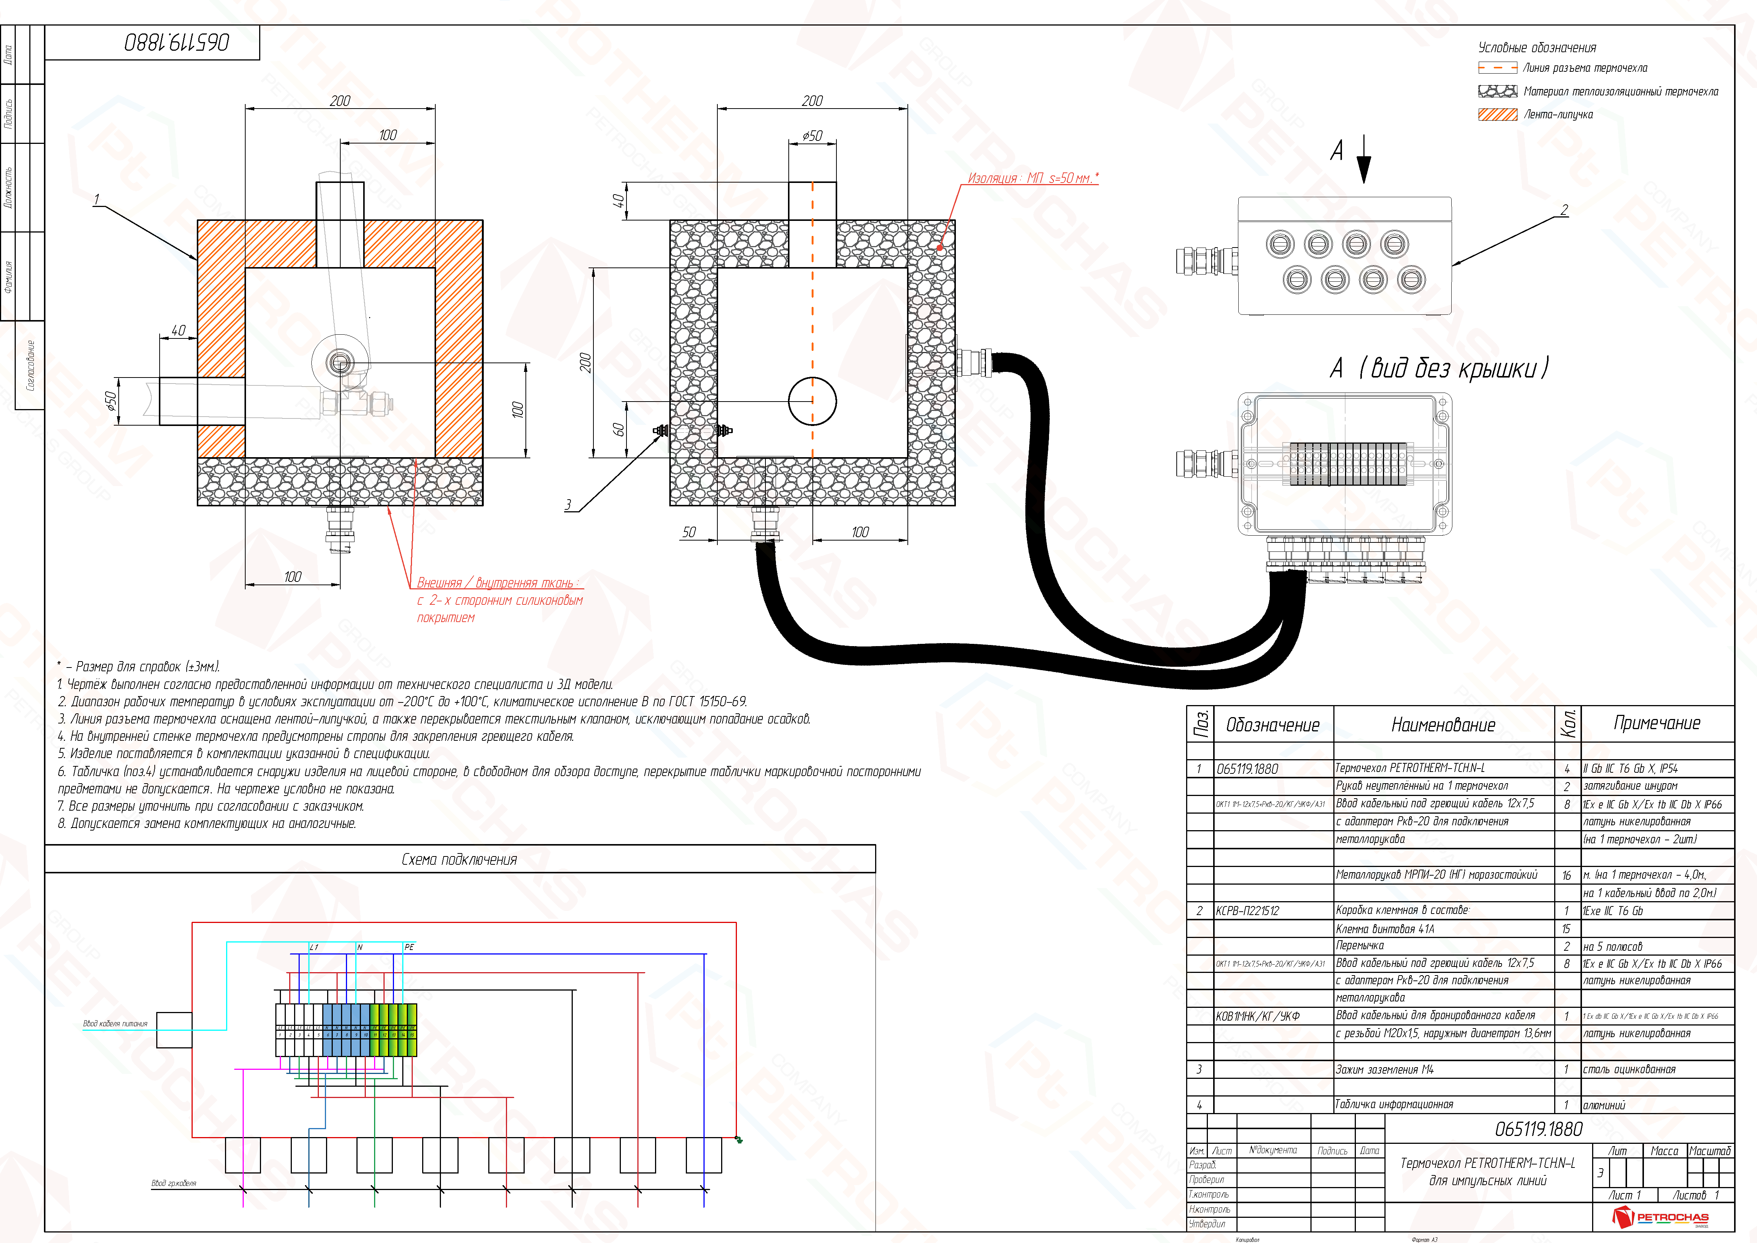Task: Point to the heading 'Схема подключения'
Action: [x=459, y=859]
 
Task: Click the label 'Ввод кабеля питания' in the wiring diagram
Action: [x=115, y=1023]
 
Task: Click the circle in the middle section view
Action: [x=812, y=400]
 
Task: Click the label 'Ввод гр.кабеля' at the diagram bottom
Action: [x=174, y=1183]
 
